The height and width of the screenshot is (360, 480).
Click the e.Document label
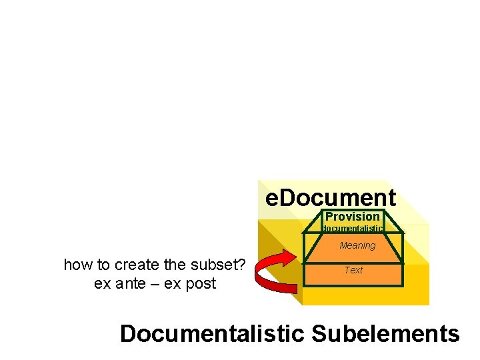[331, 198]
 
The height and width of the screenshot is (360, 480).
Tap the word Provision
[352, 217]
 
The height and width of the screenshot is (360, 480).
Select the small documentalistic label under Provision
[353, 229]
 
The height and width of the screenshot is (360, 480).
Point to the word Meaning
[357, 245]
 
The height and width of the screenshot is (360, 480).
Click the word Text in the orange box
[353, 270]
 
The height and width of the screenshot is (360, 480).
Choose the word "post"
[201, 284]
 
